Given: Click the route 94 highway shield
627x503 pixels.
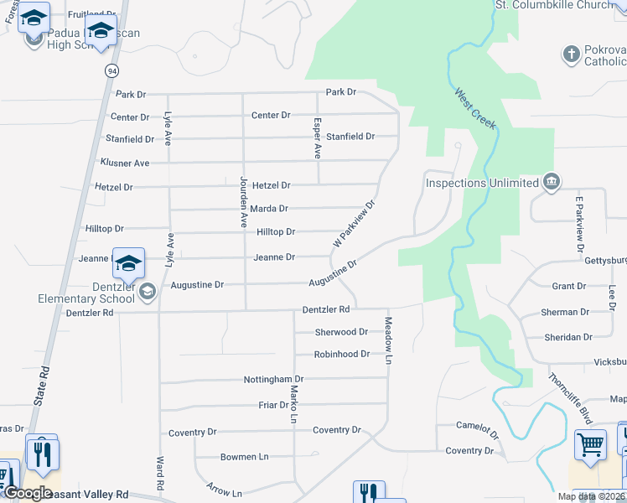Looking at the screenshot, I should (x=111, y=70).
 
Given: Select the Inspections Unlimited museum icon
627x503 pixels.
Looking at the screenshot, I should (x=552, y=183).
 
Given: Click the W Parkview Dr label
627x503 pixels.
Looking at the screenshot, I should (x=354, y=223).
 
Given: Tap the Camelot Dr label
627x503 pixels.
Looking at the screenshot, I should (x=477, y=430).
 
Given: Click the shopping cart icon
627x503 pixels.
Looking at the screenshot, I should (x=590, y=445).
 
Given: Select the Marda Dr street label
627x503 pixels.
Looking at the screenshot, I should (x=269, y=208).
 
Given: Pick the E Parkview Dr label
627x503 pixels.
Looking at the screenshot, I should (x=579, y=224).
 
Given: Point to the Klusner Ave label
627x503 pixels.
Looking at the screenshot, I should (x=125, y=163).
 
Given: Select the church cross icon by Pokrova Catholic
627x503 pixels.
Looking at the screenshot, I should (x=572, y=54).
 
